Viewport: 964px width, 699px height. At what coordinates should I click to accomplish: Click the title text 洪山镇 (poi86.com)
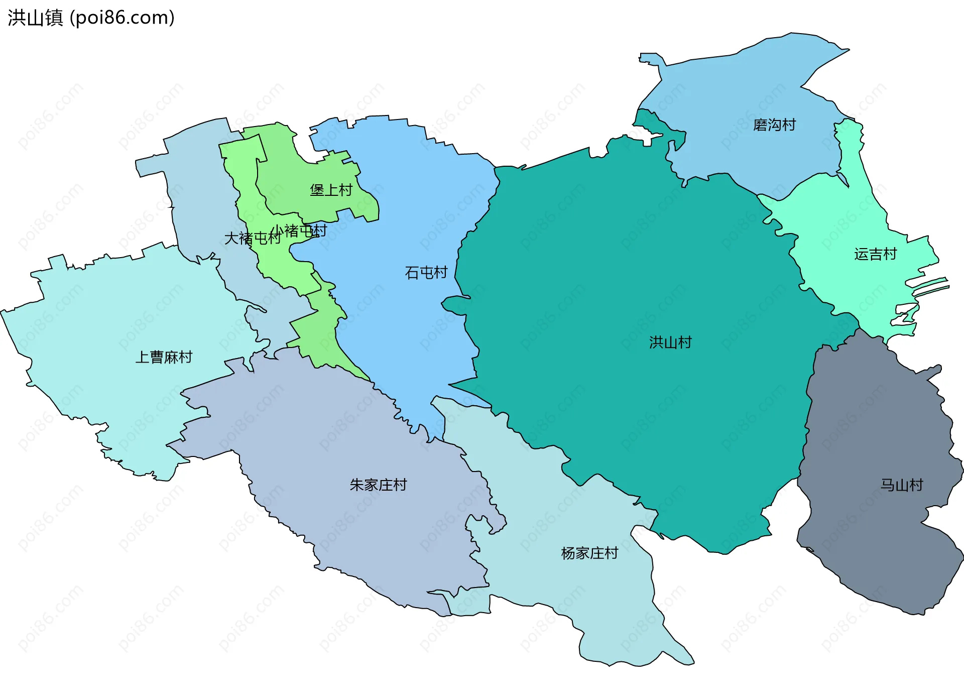click(x=91, y=18)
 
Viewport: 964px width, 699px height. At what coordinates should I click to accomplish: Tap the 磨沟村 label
click(x=774, y=125)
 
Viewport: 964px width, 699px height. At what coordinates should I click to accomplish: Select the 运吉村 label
click(x=875, y=255)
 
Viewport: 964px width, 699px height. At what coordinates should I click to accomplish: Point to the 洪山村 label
click(x=670, y=342)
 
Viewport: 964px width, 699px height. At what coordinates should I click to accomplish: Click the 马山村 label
click(x=902, y=485)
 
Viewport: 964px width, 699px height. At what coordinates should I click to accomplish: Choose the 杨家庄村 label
click(x=589, y=553)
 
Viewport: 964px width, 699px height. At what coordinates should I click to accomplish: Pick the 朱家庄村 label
click(x=378, y=485)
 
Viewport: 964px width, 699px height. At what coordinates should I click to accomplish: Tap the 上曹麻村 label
click(x=164, y=358)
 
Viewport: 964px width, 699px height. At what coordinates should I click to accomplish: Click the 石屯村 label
click(x=426, y=273)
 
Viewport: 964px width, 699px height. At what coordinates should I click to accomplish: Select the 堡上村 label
click(x=331, y=190)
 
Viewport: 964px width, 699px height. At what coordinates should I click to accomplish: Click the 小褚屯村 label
click(x=299, y=231)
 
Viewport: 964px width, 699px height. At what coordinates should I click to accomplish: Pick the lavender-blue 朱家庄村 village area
click(x=351, y=527)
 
